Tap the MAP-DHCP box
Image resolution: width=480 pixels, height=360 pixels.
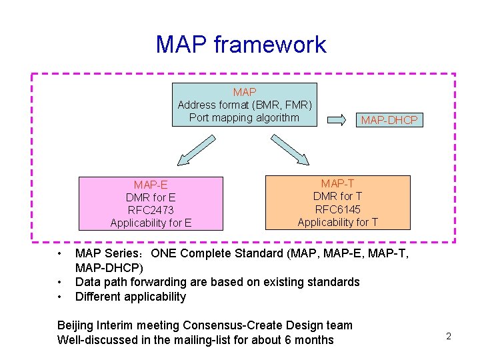tap(389, 120)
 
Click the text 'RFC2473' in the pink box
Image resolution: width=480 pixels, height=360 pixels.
tap(151, 210)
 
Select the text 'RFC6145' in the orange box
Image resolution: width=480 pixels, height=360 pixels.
tap(337, 209)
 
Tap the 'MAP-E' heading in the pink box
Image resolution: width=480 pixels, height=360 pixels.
tap(151, 185)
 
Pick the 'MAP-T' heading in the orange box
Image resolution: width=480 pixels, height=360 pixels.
tap(337, 183)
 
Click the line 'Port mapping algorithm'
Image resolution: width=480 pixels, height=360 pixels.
tap(244, 117)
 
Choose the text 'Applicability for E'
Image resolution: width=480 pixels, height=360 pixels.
tap(151, 223)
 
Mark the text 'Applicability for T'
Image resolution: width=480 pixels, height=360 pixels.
tap(337, 222)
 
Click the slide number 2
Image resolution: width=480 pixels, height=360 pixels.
tap(449, 336)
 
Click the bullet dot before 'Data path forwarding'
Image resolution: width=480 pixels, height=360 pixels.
tap(59, 282)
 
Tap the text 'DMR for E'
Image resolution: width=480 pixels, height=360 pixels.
tap(151, 197)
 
